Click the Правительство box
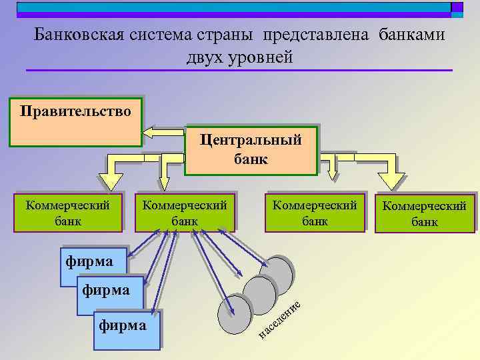(x=75, y=122)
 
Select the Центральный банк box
(x=251, y=149)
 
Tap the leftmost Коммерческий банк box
(x=68, y=212)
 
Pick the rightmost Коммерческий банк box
(x=425, y=213)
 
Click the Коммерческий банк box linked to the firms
(x=185, y=212)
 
